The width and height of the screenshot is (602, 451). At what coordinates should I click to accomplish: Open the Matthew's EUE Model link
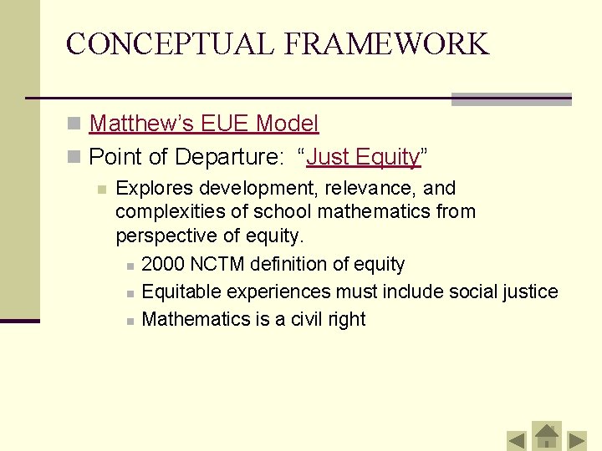[x=204, y=124]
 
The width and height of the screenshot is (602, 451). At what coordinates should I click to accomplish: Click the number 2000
[x=163, y=265]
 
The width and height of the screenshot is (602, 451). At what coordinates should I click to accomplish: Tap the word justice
[x=528, y=291]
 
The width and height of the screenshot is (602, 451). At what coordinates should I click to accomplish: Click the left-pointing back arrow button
[x=517, y=439]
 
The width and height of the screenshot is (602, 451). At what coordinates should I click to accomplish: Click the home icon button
[x=547, y=435]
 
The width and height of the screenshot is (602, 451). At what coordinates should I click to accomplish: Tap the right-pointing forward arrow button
[x=578, y=439]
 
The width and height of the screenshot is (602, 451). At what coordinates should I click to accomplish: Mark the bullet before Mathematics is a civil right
[x=130, y=321]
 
